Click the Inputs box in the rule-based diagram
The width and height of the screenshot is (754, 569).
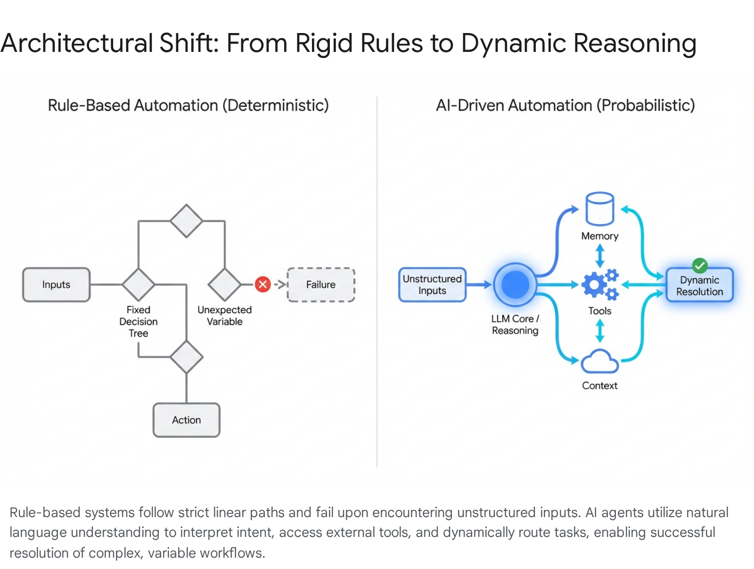[56, 284]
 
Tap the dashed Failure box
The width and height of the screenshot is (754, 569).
[321, 284]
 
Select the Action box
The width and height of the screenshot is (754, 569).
[187, 420]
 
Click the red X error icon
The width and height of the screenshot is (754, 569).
[262, 284]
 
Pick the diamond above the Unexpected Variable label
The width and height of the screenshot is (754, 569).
[224, 284]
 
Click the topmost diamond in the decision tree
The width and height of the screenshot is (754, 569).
[187, 221]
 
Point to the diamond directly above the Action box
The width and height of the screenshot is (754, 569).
[187, 357]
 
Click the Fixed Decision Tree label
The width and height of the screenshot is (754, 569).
[139, 321]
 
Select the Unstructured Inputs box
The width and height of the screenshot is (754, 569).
[432, 284]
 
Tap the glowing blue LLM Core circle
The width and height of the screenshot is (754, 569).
[516, 284]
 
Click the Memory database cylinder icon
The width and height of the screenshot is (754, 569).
[599, 209]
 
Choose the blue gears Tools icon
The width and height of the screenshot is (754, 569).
[599, 284]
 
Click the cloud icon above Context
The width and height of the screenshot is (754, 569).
[599, 362]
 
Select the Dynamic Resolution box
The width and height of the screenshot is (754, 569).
[699, 285]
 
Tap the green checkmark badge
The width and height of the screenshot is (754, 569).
[700, 266]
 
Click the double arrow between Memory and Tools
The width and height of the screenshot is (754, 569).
[600, 255]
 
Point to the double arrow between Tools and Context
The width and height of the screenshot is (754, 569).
[600, 331]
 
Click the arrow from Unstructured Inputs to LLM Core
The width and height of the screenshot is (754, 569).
[479, 284]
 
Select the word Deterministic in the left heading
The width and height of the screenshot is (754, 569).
[276, 105]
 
